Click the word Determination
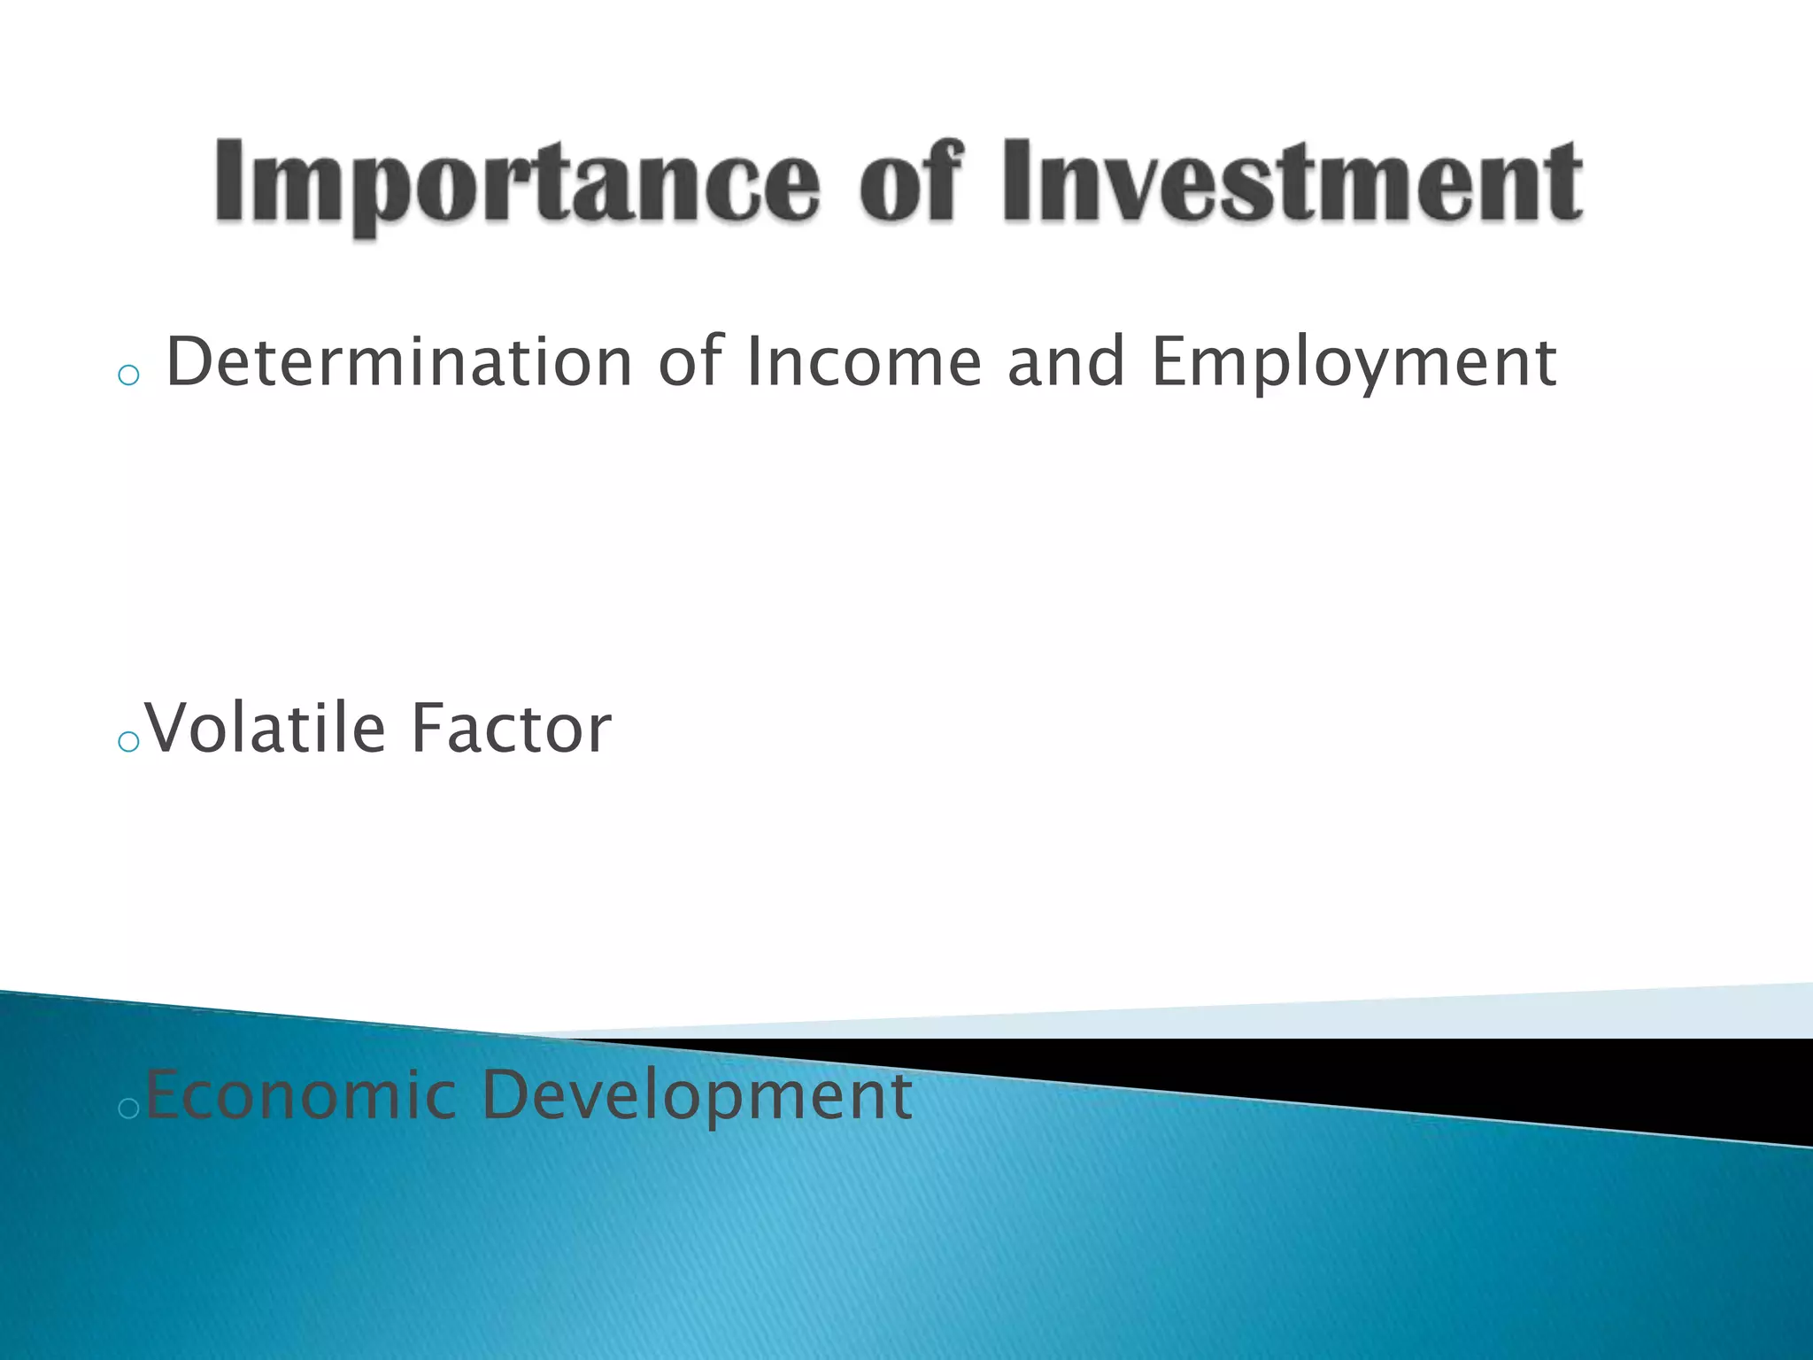tap(398, 362)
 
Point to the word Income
tap(864, 362)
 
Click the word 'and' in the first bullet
tap(1066, 362)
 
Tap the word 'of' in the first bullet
tap(690, 362)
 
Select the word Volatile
tap(266, 729)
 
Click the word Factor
tap(511, 729)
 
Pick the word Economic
tap(300, 1095)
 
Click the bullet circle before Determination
tap(128, 375)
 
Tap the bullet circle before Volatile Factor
tap(128, 742)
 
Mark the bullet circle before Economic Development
tap(128, 1109)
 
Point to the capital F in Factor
tap(427, 728)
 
